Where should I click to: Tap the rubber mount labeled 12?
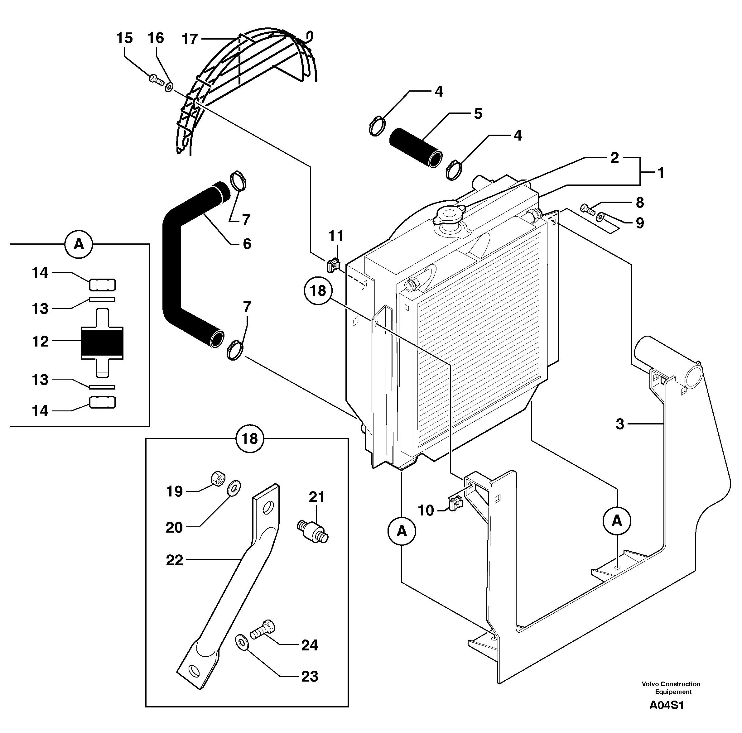[x=102, y=343]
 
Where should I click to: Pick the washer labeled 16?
[x=169, y=87]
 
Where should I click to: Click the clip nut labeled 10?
[x=455, y=503]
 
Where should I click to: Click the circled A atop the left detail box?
[x=79, y=243]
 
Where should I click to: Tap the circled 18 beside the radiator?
[x=318, y=291]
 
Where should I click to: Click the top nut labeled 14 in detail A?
[x=102, y=285]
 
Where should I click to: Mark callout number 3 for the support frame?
[x=619, y=424]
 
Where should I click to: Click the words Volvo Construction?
[x=671, y=684]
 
